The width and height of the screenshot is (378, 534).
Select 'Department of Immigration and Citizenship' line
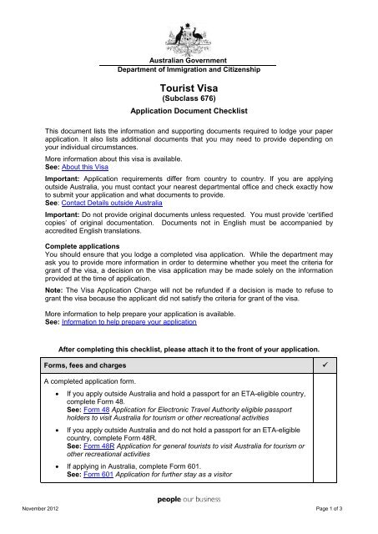pos(188,72)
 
